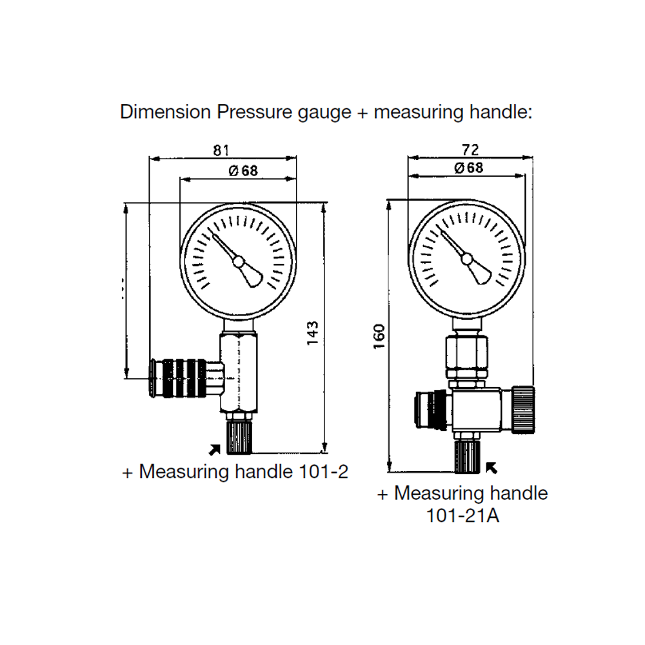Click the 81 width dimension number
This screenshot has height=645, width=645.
(x=221, y=150)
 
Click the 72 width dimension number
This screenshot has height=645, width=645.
(x=470, y=150)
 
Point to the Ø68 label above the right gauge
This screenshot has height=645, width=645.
(x=469, y=168)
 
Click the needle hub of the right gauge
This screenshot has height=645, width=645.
(x=467, y=258)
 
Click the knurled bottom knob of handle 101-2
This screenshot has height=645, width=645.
(x=239, y=437)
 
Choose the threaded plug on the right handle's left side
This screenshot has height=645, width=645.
(x=428, y=410)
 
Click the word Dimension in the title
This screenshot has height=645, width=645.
(x=165, y=112)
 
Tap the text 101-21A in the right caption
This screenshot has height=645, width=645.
(x=462, y=516)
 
